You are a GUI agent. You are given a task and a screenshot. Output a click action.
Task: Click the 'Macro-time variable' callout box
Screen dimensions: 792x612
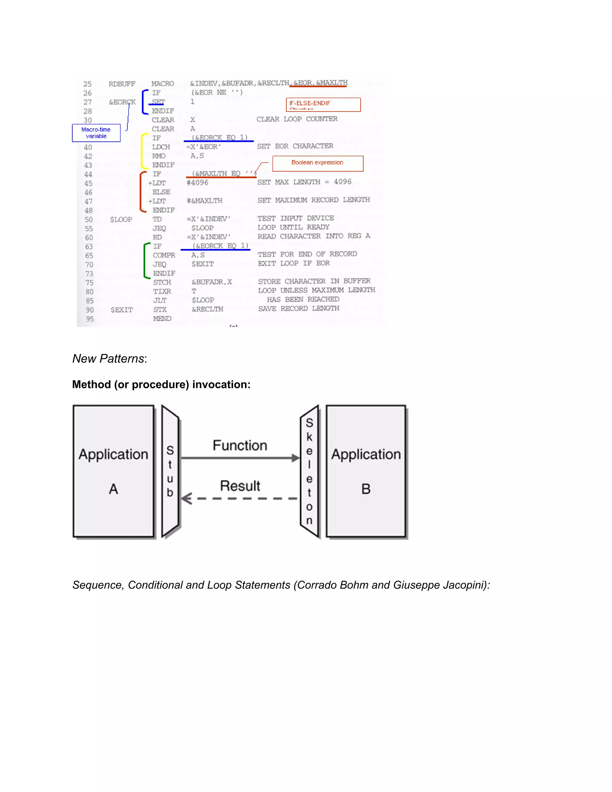pyautogui.click(x=96, y=133)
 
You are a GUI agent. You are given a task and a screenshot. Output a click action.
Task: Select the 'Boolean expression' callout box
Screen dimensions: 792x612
pyautogui.click(x=318, y=163)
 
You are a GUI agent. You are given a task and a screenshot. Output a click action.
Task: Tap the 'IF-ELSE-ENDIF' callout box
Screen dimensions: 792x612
pyautogui.click(x=323, y=104)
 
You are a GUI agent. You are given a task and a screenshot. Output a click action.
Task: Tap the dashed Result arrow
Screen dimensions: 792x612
pyautogui.click(x=239, y=499)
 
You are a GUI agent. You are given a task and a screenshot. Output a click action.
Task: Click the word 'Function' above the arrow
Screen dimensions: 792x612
pyautogui.click(x=240, y=445)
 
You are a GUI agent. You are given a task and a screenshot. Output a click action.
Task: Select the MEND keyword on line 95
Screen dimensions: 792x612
pyautogui.click(x=162, y=319)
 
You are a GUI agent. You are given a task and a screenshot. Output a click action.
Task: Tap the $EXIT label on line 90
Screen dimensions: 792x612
pyautogui.click(x=122, y=310)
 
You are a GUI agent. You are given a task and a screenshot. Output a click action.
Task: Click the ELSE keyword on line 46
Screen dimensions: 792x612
pyautogui.click(x=161, y=192)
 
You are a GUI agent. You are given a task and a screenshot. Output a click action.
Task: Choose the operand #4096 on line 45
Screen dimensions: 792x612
pyautogui.click(x=198, y=183)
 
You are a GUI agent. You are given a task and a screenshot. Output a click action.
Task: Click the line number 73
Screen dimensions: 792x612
pyautogui.click(x=89, y=274)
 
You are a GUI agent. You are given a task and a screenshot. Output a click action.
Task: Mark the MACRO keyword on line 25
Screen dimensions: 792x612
pyautogui.click(x=163, y=84)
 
